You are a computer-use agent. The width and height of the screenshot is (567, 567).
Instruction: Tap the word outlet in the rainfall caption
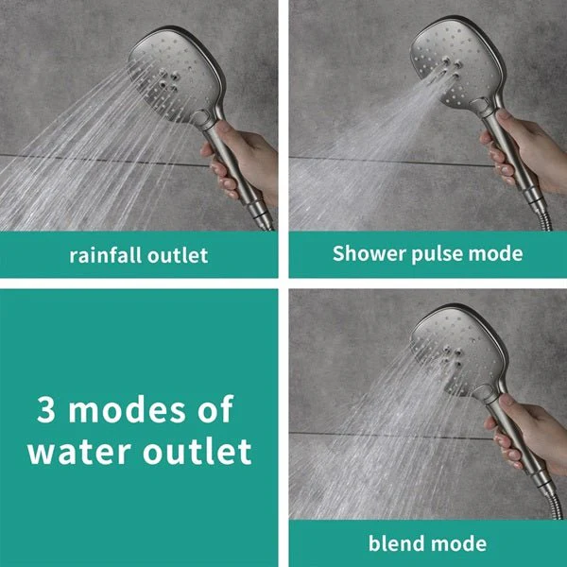178,255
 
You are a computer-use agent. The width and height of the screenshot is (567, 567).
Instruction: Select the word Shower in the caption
369,252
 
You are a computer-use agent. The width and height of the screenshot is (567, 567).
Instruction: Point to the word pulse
437,254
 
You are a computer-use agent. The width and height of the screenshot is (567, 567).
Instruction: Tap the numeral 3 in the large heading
46,409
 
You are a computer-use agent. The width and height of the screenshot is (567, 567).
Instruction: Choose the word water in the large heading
79,452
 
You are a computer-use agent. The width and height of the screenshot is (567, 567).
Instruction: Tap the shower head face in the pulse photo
455,63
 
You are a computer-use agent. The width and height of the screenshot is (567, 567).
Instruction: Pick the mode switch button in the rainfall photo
198,118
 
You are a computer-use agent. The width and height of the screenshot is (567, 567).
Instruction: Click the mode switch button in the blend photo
482,392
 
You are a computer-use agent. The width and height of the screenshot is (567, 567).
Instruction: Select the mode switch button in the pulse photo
480,106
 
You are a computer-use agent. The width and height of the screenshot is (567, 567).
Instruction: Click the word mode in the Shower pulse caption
495,252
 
